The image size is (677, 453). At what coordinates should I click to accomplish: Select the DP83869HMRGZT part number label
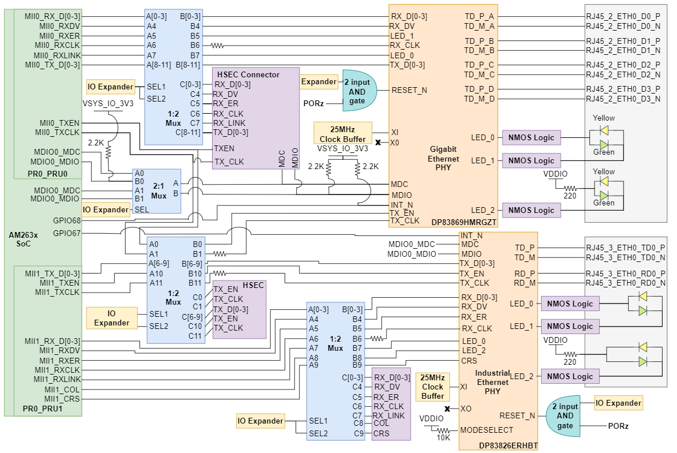(x=463, y=222)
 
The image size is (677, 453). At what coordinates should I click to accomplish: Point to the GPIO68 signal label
(x=67, y=220)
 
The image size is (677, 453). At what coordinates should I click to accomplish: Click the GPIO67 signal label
(x=67, y=233)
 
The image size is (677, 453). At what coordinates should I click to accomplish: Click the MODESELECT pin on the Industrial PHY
(x=486, y=430)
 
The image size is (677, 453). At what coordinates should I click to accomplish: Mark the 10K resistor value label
(x=442, y=438)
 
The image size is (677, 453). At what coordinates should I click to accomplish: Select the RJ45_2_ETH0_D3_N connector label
(x=623, y=99)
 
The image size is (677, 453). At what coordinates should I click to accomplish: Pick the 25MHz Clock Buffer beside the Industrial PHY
(x=432, y=387)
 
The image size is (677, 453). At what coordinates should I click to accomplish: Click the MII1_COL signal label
(x=63, y=390)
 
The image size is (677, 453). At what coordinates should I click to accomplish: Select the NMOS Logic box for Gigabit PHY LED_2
(x=532, y=211)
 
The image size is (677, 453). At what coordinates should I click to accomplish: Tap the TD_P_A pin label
(x=479, y=16)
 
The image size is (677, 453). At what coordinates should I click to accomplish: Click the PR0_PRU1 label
(x=43, y=409)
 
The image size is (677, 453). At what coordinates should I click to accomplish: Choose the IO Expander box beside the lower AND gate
(x=618, y=403)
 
